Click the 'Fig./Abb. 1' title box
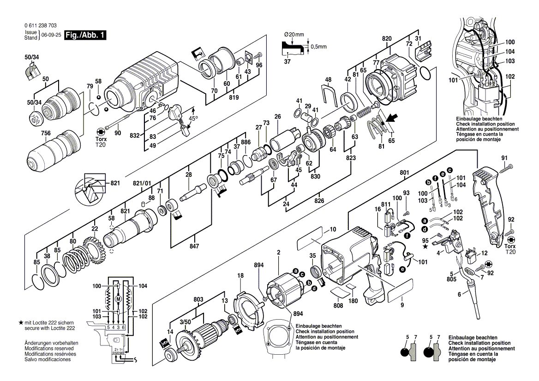85,35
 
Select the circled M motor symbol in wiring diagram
119,299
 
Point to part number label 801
405,173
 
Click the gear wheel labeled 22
96,251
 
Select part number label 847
194,247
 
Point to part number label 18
240,275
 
